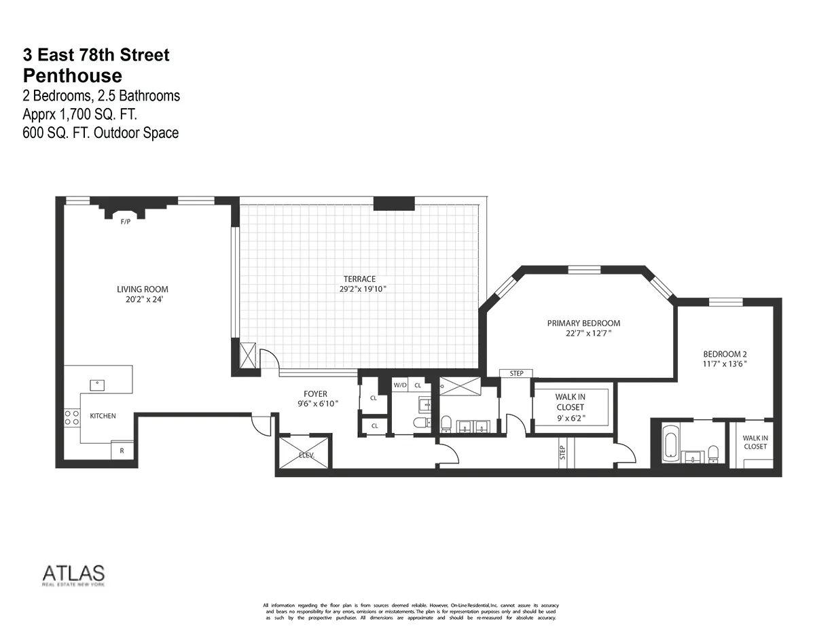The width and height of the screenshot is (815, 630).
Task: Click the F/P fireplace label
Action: pos(125,222)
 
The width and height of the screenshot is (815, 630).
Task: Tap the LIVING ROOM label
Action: pos(143,290)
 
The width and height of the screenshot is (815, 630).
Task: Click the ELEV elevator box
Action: pos(305,452)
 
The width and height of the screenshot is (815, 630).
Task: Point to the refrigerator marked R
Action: pos(122,451)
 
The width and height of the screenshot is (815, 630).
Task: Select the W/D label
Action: pos(399,385)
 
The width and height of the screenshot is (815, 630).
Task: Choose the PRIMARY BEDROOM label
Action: pos(583,323)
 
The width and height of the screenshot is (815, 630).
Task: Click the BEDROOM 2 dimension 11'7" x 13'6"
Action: pos(725,364)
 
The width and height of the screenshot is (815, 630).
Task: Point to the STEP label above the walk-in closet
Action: pos(516,373)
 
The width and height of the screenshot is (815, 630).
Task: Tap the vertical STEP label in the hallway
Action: pos(562,453)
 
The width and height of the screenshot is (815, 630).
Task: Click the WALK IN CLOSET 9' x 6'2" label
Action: pos(570,407)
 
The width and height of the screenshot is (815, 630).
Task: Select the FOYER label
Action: pos(315,393)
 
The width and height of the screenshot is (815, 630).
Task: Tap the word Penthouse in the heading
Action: pos(72,75)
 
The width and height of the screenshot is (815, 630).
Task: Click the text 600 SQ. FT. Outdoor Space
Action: pos(101,133)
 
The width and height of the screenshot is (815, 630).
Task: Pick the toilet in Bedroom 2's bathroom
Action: pos(712,453)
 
